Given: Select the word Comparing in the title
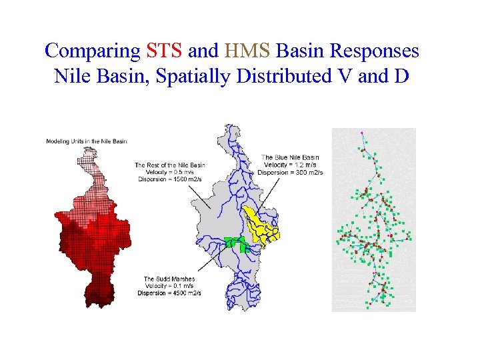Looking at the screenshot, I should (x=92, y=51).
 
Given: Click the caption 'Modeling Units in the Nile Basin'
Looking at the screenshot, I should (x=86, y=141).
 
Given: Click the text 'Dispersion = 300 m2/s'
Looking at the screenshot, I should (x=291, y=172).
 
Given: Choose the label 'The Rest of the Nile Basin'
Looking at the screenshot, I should (x=169, y=165).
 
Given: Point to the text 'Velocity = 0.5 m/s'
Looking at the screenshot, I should (x=169, y=172).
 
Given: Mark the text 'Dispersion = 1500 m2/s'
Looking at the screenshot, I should (x=169, y=179).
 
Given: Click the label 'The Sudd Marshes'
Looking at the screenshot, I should (x=169, y=279).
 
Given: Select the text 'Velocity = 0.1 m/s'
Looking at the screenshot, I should (x=169, y=286).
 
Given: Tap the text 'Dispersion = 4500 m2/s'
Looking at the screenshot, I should (x=169, y=293).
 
